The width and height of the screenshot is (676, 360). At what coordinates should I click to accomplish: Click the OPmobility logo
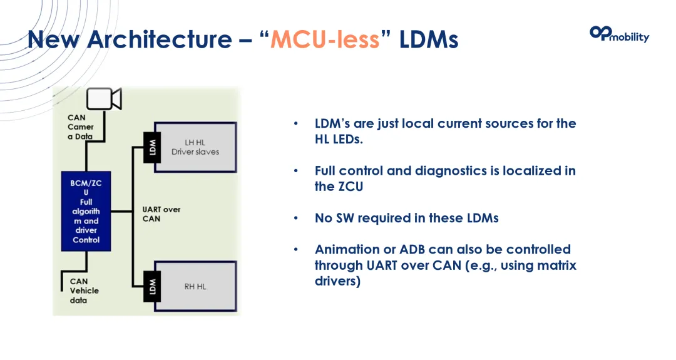click(619, 34)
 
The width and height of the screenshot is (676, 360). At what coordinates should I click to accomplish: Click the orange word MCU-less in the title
click(325, 39)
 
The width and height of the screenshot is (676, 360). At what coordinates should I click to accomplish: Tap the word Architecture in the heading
click(159, 39)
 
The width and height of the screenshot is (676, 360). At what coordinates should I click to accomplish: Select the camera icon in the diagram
click(104, 99)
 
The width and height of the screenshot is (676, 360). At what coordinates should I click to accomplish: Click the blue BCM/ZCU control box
click(86, 211)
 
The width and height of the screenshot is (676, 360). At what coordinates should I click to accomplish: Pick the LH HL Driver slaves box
click(195, 147)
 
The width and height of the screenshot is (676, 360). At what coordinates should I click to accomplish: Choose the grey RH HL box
click(195, 286)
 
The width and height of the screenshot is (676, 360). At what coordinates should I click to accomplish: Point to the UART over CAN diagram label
click(161, 214)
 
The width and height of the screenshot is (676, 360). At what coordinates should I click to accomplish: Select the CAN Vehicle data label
click(84, 291)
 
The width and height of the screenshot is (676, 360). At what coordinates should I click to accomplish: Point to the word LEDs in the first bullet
click(347, 139)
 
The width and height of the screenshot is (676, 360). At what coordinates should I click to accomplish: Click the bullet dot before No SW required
click(296, 218)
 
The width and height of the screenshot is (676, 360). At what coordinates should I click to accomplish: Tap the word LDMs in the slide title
click(429, 39)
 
